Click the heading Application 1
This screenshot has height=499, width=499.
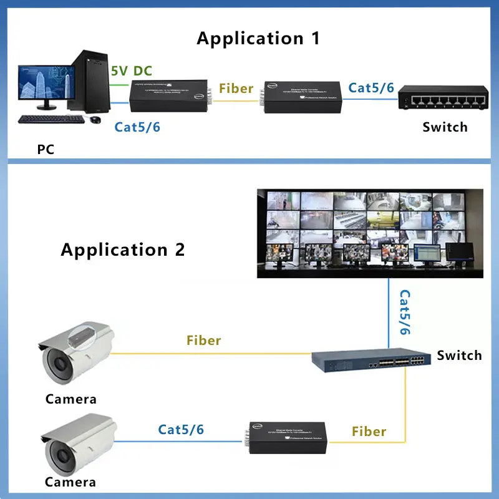[x=258, y=38]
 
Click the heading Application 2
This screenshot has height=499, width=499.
[x=123, y=250]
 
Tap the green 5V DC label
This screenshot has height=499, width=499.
[x=131, y=70]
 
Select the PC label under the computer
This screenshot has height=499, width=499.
[x=45, y=150]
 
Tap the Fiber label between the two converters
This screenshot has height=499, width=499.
[x=236, y=88]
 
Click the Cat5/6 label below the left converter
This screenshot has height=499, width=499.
[x=137, y=127]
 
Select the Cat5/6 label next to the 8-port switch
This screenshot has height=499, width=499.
[x=371, y=87]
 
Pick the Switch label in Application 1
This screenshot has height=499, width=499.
[x=445, y=127]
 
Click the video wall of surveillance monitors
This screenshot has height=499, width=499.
[x=370, y=233]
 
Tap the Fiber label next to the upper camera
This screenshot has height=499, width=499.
[x=204, y=341]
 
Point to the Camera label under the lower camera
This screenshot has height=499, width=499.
[x=70, y=482]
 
